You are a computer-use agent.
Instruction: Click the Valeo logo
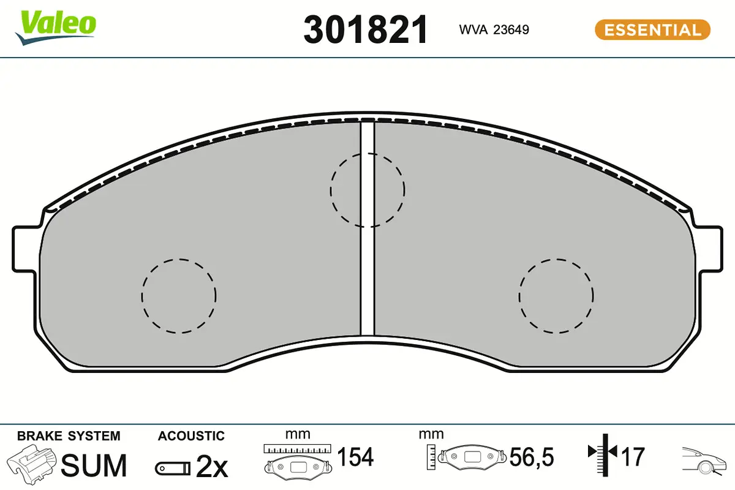(56, 28)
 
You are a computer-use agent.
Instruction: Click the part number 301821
(366, 29)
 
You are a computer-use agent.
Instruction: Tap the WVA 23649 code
(494, 29)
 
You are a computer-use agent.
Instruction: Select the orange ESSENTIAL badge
(652, 30)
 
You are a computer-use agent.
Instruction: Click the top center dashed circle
(330, 190)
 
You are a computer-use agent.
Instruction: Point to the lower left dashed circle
(142, 296)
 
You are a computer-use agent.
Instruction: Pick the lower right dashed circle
(519, 296)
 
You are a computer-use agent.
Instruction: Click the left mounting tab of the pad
(24, 249)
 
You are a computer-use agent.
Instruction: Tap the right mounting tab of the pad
(710, 249)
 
